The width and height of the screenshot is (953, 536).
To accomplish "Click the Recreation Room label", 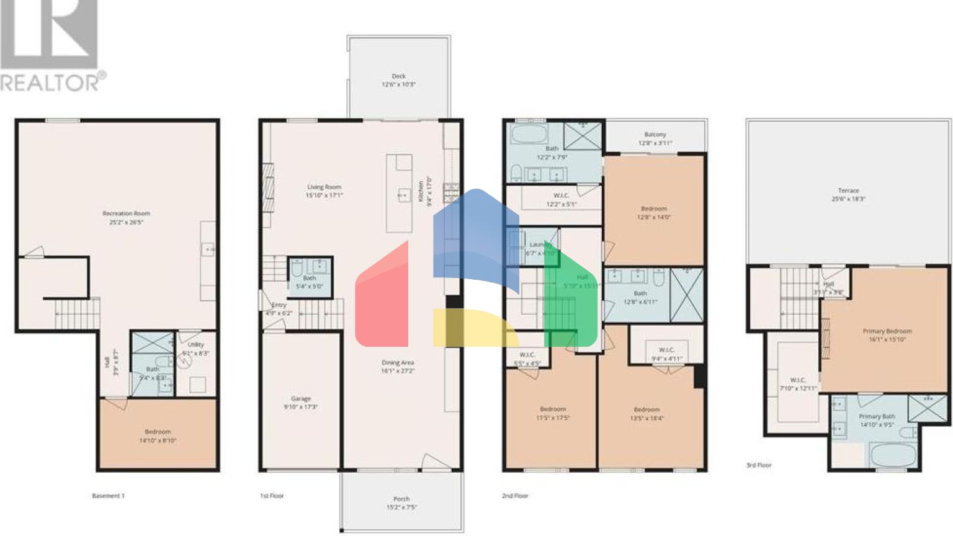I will point(126,217).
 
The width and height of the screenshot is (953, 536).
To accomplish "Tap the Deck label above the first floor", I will point(398,80).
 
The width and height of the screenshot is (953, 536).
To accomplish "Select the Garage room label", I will point(301,403).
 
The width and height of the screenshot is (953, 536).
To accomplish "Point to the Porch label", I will point(401,502).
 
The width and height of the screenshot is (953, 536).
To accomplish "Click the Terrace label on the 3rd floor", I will point(848,195).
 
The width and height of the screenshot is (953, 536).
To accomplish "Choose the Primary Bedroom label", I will point(887,335).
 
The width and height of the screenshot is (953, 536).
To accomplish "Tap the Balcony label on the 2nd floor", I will point(655,138).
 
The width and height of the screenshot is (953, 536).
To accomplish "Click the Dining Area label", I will point(398,366).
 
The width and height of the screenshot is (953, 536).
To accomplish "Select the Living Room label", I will point(324,190).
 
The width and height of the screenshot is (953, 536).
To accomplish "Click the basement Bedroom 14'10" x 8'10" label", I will point(158,435).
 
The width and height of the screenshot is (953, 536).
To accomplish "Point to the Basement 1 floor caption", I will point(108,496).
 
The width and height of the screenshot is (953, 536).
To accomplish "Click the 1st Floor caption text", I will point(272,496).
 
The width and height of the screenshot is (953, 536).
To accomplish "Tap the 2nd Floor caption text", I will point(515,496).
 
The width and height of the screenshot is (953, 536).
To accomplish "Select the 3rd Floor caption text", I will point(759,465).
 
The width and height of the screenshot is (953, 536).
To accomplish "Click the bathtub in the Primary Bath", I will point(893,455).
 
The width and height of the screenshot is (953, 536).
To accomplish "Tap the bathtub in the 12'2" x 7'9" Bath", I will point(528,134).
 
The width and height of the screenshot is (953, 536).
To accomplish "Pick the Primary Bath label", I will point(877,420).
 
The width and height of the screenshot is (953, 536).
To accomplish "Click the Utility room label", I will point(195,348).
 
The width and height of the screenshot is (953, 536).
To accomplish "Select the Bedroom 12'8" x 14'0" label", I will point(654,213).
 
